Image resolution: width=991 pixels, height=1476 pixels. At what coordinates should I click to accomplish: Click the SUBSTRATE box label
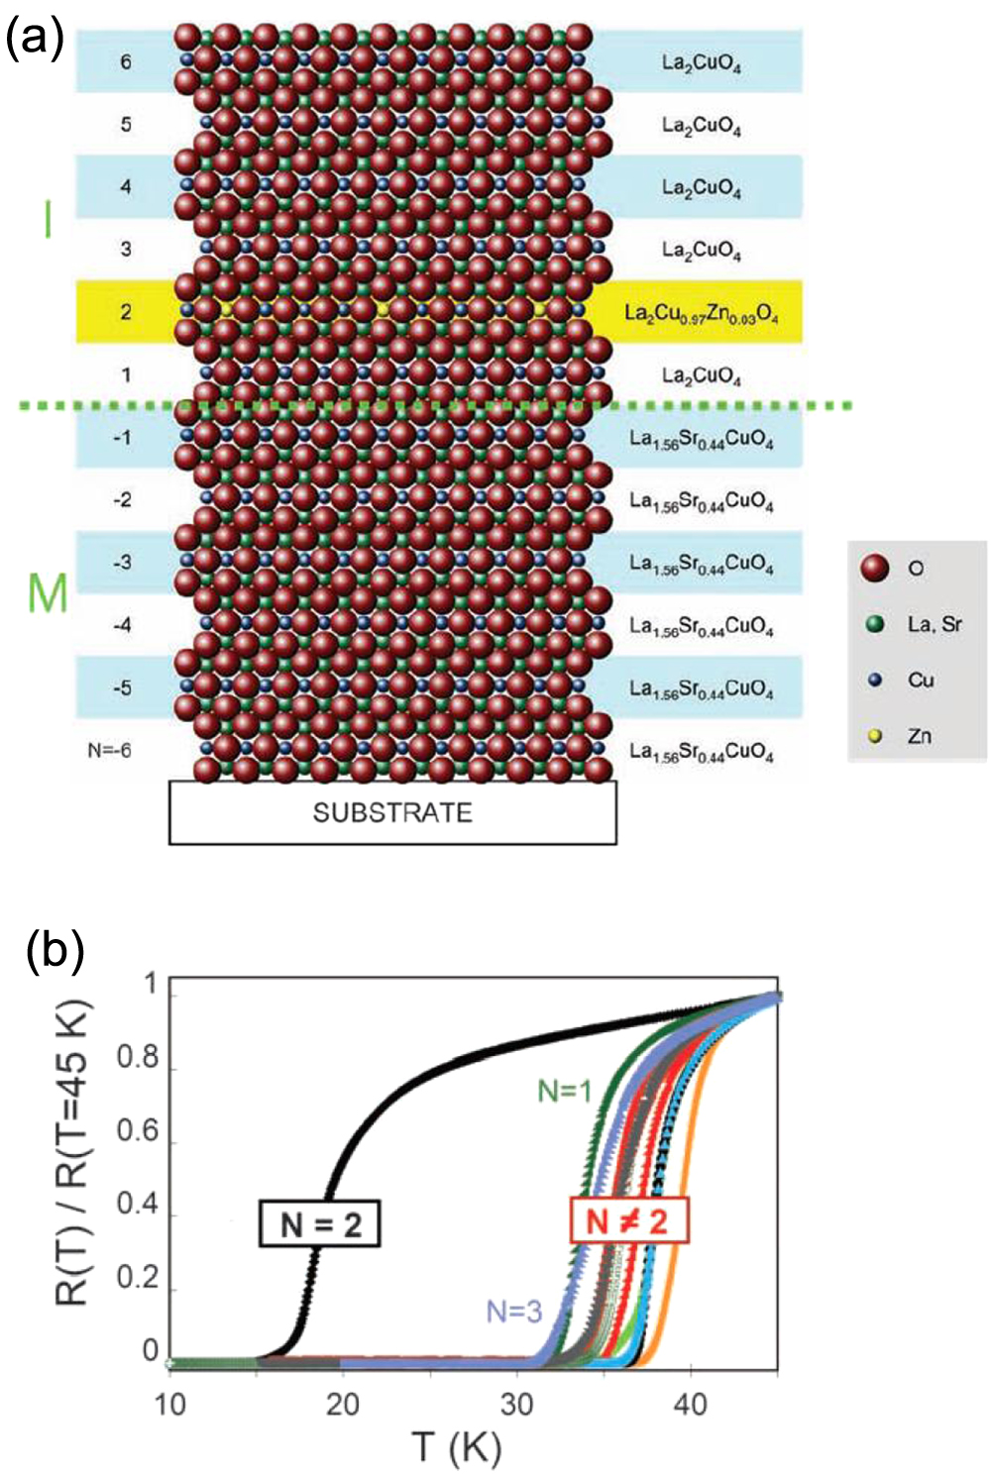pos(392,813)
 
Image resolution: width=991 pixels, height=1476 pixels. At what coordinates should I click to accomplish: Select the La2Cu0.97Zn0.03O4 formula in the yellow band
pos(701,313)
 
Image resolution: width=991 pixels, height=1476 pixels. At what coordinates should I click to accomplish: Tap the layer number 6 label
pos(126,62)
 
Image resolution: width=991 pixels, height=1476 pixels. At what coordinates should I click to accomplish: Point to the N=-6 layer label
pos(109,750)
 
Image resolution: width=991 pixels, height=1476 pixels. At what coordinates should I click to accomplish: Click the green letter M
pos(48,593)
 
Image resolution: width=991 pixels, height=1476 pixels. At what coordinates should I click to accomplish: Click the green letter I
pos(48,219)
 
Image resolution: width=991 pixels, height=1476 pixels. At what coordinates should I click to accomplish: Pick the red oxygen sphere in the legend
pos(875,568)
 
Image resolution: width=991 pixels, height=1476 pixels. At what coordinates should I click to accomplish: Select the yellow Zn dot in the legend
pos(875,736)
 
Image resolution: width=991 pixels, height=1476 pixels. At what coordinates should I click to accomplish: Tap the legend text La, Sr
pos(935,624)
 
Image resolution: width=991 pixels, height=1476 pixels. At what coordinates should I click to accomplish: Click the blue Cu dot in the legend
pos(875,681)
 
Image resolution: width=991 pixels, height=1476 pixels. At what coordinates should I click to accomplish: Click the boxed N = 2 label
pos(320,1223)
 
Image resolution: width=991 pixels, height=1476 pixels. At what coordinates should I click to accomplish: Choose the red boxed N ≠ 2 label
pos(628,1220)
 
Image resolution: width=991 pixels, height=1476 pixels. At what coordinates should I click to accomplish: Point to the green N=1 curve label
pos(565,1091)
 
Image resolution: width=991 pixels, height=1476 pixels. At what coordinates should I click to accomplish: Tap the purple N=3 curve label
pos(514,1312)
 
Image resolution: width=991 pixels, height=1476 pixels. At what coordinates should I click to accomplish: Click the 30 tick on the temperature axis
pos(516,1404)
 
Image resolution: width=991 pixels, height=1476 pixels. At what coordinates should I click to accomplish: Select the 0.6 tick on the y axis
pos(137,1131)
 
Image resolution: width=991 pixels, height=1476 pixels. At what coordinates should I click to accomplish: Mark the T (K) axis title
pos(458,1447)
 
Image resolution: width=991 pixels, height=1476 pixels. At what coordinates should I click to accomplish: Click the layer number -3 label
pos(121,563)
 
